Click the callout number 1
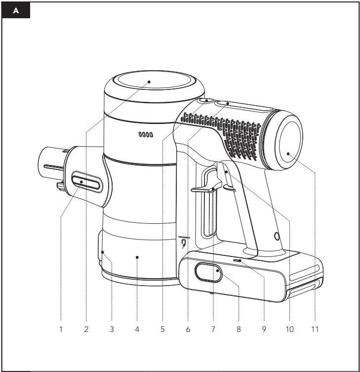click(61, 329)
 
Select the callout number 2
click(86, 329)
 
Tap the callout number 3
click(112, 329)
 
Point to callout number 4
click(137, 329)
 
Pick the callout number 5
click(162, 329)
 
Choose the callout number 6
click(188, 329)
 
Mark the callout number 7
click(213, 329)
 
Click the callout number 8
click(239, 329)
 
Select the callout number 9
click(264, 329)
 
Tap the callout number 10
click(289, 329)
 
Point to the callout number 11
click(315, 329)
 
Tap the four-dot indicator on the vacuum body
click(146, 134)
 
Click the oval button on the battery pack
click(208, 272)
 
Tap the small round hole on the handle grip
click(276, 235)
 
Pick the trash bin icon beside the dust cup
click(183, 243)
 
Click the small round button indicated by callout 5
click(206, 101)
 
